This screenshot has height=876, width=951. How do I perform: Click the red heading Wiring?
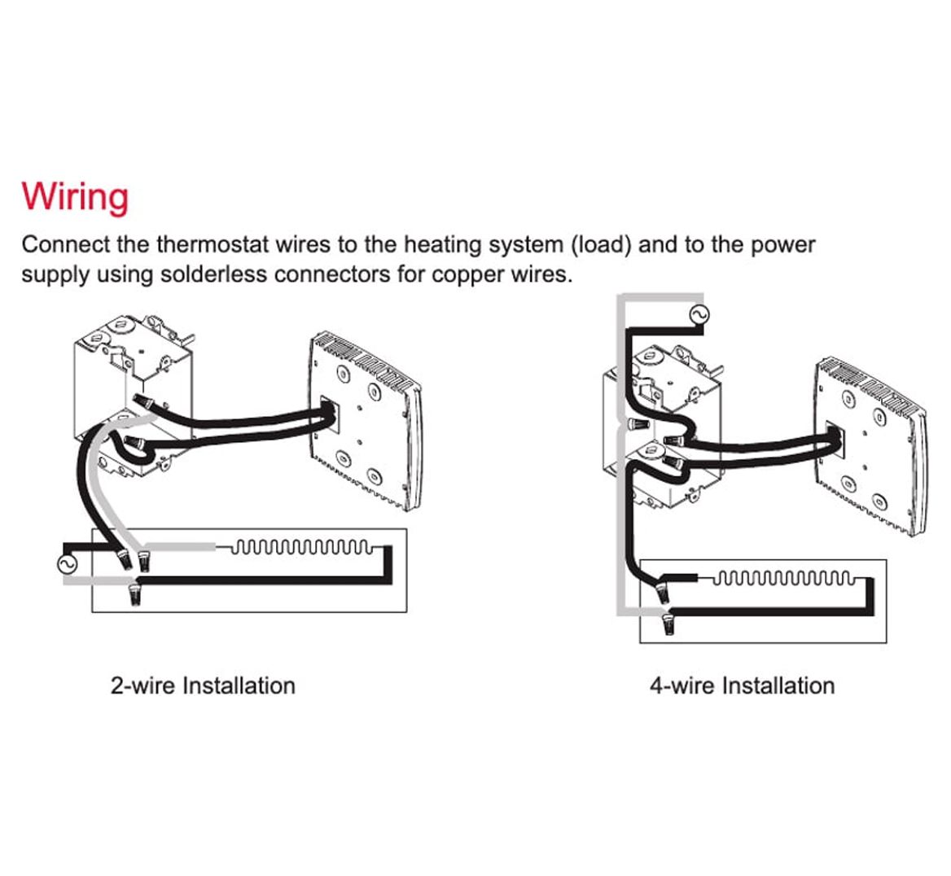coord(75,197)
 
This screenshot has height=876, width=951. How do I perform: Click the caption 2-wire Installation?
coord(203,685)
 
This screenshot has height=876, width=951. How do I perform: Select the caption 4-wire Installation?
coord(742,685)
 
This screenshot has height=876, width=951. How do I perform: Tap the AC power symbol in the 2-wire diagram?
coord(64,563)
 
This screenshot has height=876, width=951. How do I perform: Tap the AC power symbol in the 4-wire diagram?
coord(699,314)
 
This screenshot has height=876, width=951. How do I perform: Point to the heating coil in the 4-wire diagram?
coord(785,580)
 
